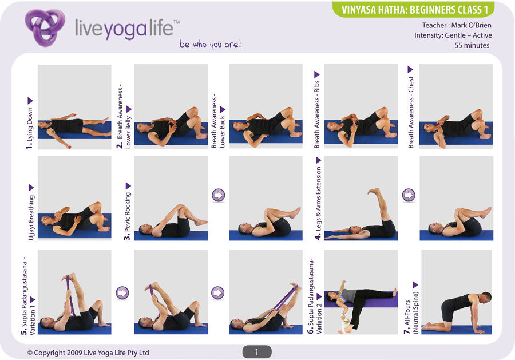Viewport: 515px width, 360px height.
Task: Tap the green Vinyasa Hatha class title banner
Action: (414, 9)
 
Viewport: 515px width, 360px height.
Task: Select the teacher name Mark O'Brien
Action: (472, 25)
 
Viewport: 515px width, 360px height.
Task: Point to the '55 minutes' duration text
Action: (472, 45)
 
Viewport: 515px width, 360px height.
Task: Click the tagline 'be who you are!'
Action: (210, 44)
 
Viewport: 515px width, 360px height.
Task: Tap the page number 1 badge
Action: (257, 352)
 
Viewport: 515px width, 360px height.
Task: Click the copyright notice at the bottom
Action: (88, 353)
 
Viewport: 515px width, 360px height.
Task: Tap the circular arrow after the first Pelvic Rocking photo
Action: (219, 195)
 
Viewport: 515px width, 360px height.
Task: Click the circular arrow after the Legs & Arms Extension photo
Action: (409, 195)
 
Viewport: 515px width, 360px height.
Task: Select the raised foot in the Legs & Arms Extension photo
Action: (374, 191)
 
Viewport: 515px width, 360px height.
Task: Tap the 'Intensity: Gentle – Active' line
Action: (453, 35)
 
